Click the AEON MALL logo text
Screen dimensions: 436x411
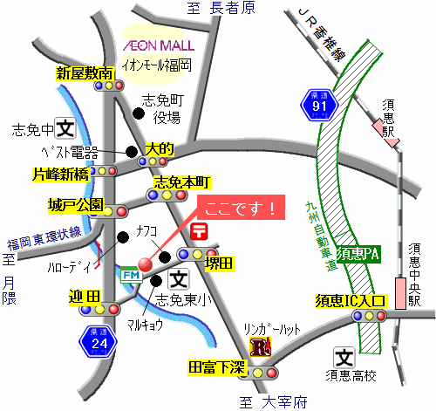pyautogui.click(x=159, y=45)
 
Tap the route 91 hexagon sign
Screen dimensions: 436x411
pyautogui.click(x=319, y=105)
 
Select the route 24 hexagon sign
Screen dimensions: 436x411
pyautogui.click(x=99, y=342)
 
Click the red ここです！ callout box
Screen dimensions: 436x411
pyautogui.click(x=241, y=208)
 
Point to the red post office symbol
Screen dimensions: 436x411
pyautogui.click(x=199, y=231)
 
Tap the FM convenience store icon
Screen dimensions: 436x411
pyautogui.click(x=132, y=275)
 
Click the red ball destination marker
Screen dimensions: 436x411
pyautogui.click(x=145, y=264)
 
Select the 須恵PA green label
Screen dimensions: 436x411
pyautogui.click(x=358, y=255)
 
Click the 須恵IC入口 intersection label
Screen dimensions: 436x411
pyautogui.click(x=351, y=301)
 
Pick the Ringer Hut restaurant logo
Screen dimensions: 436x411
pyautogui.click(x=261, y=346)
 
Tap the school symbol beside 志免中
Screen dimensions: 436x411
pyautogui.click(x=65, y=128)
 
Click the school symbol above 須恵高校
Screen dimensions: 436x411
pyautogui.click(x=344, y=358)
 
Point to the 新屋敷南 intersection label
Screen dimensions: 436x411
pyautogui.click(x=85, y=73)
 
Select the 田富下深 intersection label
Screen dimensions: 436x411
pyautogui.click(x=217, y=367)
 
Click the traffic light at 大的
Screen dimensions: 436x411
pyautogui.click(x=153, y=161)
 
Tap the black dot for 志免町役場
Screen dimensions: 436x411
pyautogui.click(x=139, y=113)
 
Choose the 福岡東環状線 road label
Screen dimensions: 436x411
pyautogui.click(x=44, y=239)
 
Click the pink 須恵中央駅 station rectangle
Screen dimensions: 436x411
pyautogui.click(x=400, y=293)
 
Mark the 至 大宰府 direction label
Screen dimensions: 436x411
pyautogui.click(x=273, y=402)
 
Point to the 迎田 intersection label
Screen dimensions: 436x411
pyautogui.click(x=85, y=297)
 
